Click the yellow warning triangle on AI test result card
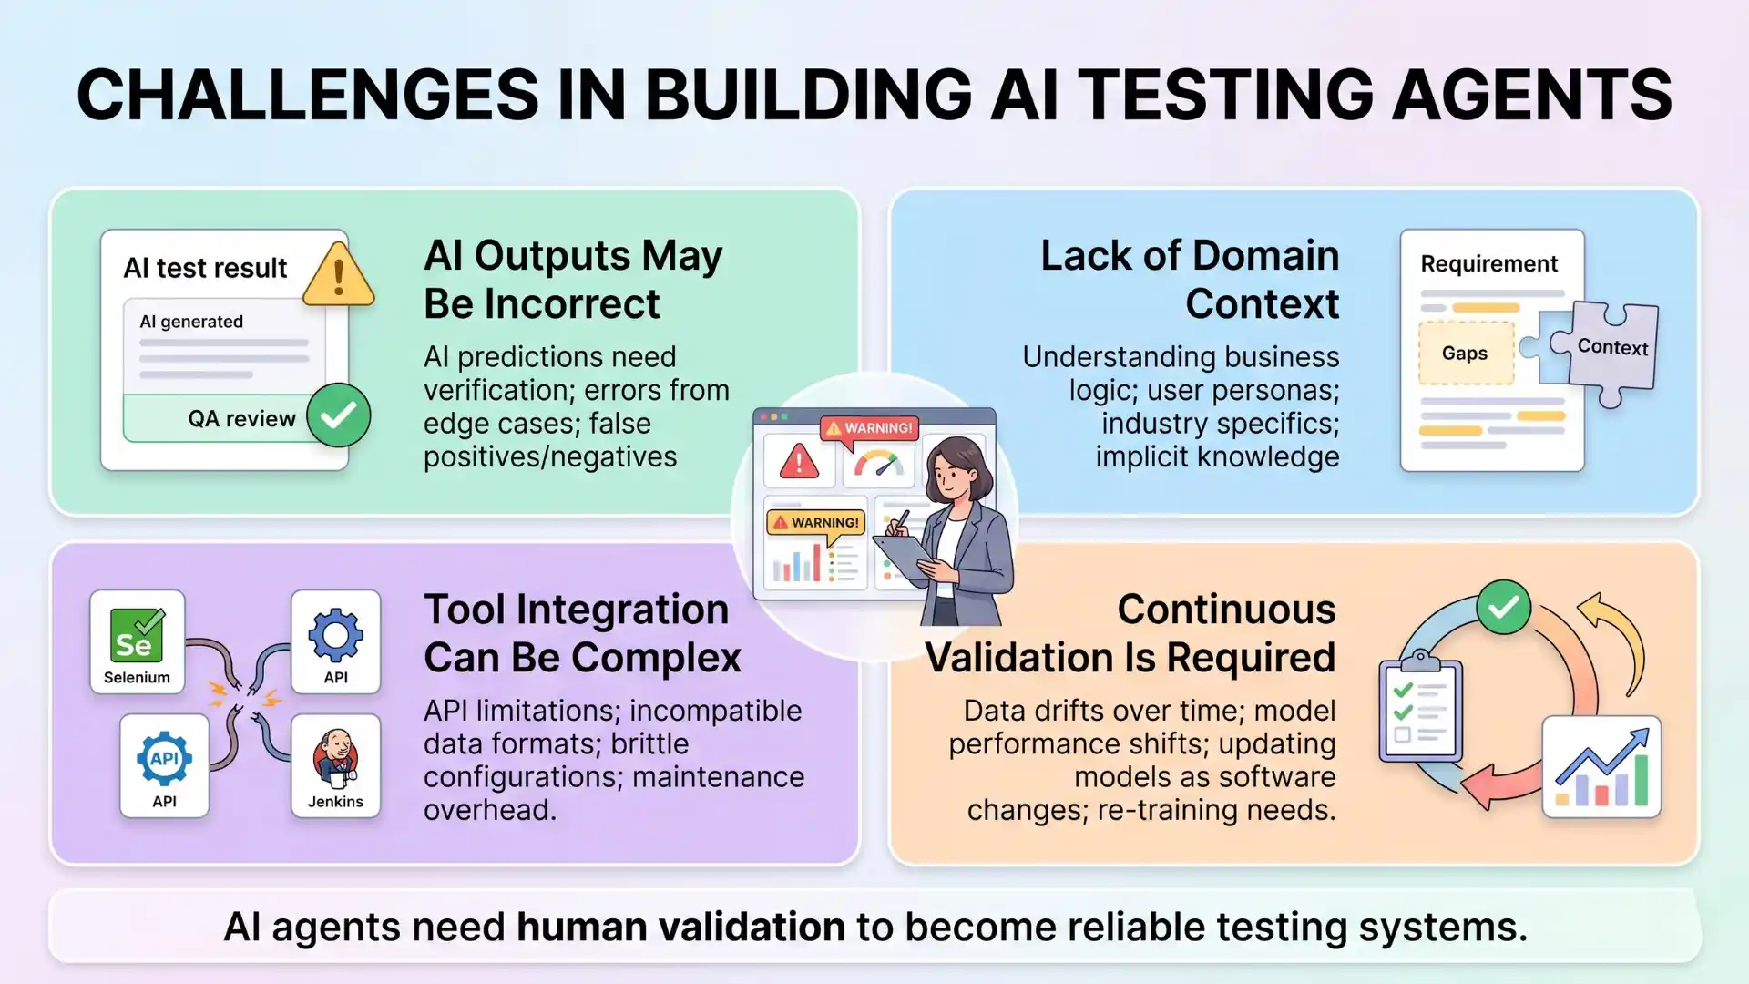338,274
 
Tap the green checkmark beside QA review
338,415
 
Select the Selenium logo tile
137,641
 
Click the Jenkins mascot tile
335,765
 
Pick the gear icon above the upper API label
335,634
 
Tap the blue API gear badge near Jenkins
164,758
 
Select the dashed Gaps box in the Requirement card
1465,354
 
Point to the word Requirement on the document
1488,264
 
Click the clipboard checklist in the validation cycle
1420,711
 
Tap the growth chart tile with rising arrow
1601,766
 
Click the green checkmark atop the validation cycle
1503,607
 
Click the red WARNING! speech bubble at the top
869,428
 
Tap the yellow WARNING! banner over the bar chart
815,523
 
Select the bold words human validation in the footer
680,927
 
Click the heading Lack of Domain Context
1189,280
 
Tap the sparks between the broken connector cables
244,697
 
